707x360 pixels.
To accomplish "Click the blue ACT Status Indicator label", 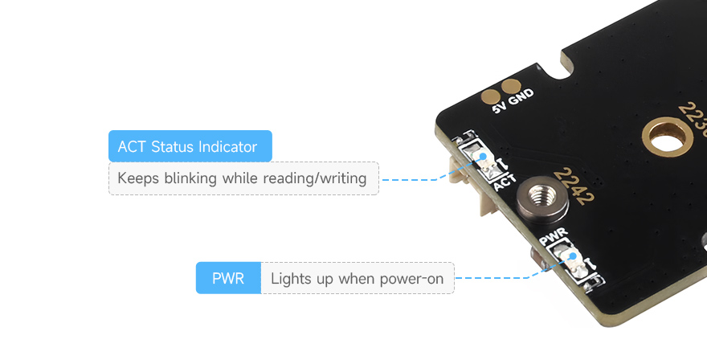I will pos(190,146).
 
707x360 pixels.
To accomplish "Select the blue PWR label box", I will pos(228,279).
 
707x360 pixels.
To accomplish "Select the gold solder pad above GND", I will pos(509,86).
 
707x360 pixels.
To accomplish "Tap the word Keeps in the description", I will pos(138,178).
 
